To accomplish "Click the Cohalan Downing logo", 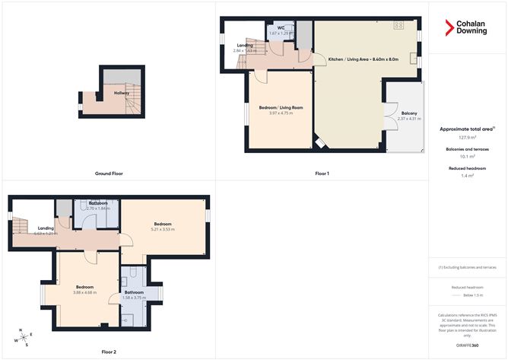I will pos(466,28).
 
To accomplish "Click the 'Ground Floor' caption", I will pos(110,174).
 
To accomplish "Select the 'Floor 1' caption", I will pos(322,174).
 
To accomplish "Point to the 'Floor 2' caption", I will pos(110,352).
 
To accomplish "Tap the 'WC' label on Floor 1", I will pos(281,27).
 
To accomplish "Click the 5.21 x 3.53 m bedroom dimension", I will pos(163,229).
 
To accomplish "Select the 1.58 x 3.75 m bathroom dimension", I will pos(135,298).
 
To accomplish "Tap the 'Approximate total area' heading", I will pos(465,129).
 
